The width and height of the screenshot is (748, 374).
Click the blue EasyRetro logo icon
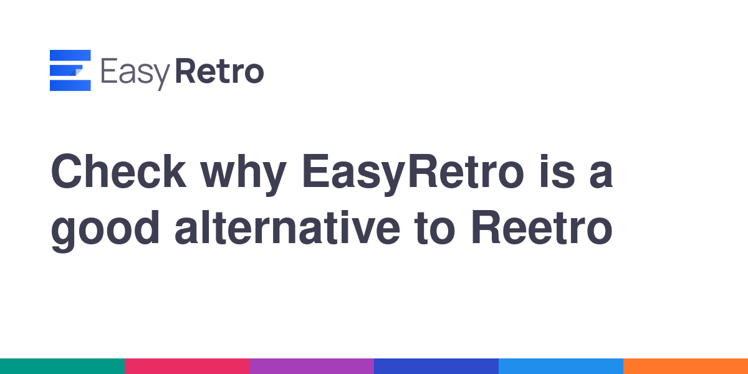tap(70, 70)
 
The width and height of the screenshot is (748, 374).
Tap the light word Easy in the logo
tap(135, 74)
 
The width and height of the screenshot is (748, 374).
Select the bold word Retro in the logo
tap(219, 71)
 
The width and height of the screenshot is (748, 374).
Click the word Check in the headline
tap(118, 171)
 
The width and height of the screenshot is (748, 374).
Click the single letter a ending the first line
tap(601, 176)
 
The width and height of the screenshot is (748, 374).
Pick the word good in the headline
tap(105, 231)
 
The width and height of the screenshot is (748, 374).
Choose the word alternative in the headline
tap(287, 228)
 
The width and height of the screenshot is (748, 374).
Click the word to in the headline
tap(434, 229)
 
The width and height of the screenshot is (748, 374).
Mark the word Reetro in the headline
tap(542, 228)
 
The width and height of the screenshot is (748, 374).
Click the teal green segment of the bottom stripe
tap(62, 367)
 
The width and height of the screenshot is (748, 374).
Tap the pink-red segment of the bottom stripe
tap(187, 367)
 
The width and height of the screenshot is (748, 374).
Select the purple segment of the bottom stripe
tap(312, 367)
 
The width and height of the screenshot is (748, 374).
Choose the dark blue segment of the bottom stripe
tap(436, 367)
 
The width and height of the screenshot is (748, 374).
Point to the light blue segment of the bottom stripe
tap(561, 367)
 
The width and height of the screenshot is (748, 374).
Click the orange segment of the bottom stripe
tap(686, 367)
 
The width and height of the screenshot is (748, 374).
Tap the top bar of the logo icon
tap(70, 55)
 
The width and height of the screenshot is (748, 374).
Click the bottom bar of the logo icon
tap(70, 85)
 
